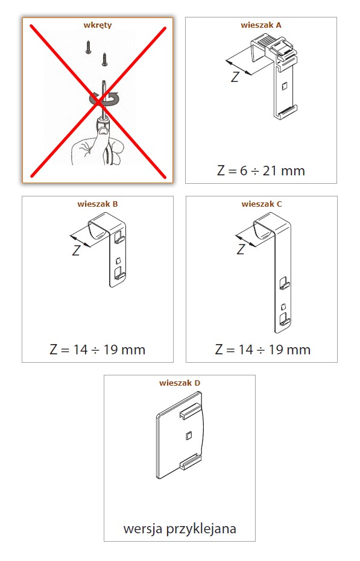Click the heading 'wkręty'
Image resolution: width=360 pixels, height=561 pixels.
tap(98, 25)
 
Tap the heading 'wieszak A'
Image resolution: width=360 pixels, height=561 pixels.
tap(261, 25)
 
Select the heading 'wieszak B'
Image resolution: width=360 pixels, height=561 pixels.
tap(98, 204)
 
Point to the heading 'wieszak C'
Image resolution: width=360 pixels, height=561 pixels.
tap(262, 204)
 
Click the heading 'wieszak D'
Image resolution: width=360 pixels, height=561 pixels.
tap(180, 383)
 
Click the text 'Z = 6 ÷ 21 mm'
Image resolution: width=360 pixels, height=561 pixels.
tap(261, 171)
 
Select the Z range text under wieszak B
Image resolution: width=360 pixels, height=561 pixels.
tap(98, 349)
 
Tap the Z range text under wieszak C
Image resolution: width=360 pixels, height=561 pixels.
tap(262, 349)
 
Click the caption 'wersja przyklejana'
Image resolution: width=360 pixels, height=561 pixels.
tap(180, 529)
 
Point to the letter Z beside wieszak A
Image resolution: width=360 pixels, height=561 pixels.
tap(235, 77)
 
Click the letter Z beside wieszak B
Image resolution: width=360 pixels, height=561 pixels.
tap(77, 251)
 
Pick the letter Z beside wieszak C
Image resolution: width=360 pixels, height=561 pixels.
tap(241, 249)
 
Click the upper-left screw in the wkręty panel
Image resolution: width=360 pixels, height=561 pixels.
tap(88, 48)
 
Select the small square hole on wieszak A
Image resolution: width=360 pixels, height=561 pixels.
tap(285, 87)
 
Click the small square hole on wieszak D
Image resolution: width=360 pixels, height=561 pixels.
tap(188, 435)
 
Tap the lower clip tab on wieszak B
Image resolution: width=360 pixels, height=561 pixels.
tap(119, 274)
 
